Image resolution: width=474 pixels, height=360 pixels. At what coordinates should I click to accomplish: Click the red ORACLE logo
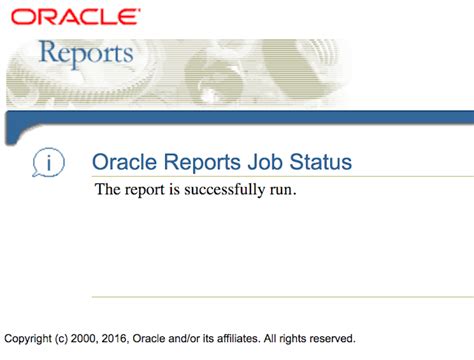coord(75,16)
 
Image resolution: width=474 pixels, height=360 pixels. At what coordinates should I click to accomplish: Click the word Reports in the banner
coord(85,52)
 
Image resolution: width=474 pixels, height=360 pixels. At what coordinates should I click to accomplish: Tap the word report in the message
coord(145,190)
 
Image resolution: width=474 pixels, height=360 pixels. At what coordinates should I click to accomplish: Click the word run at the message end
coord(282,190)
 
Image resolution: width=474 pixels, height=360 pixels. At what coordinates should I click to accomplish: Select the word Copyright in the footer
coord(31,338)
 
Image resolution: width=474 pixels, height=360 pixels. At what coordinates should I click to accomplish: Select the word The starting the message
coord(107,190)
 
